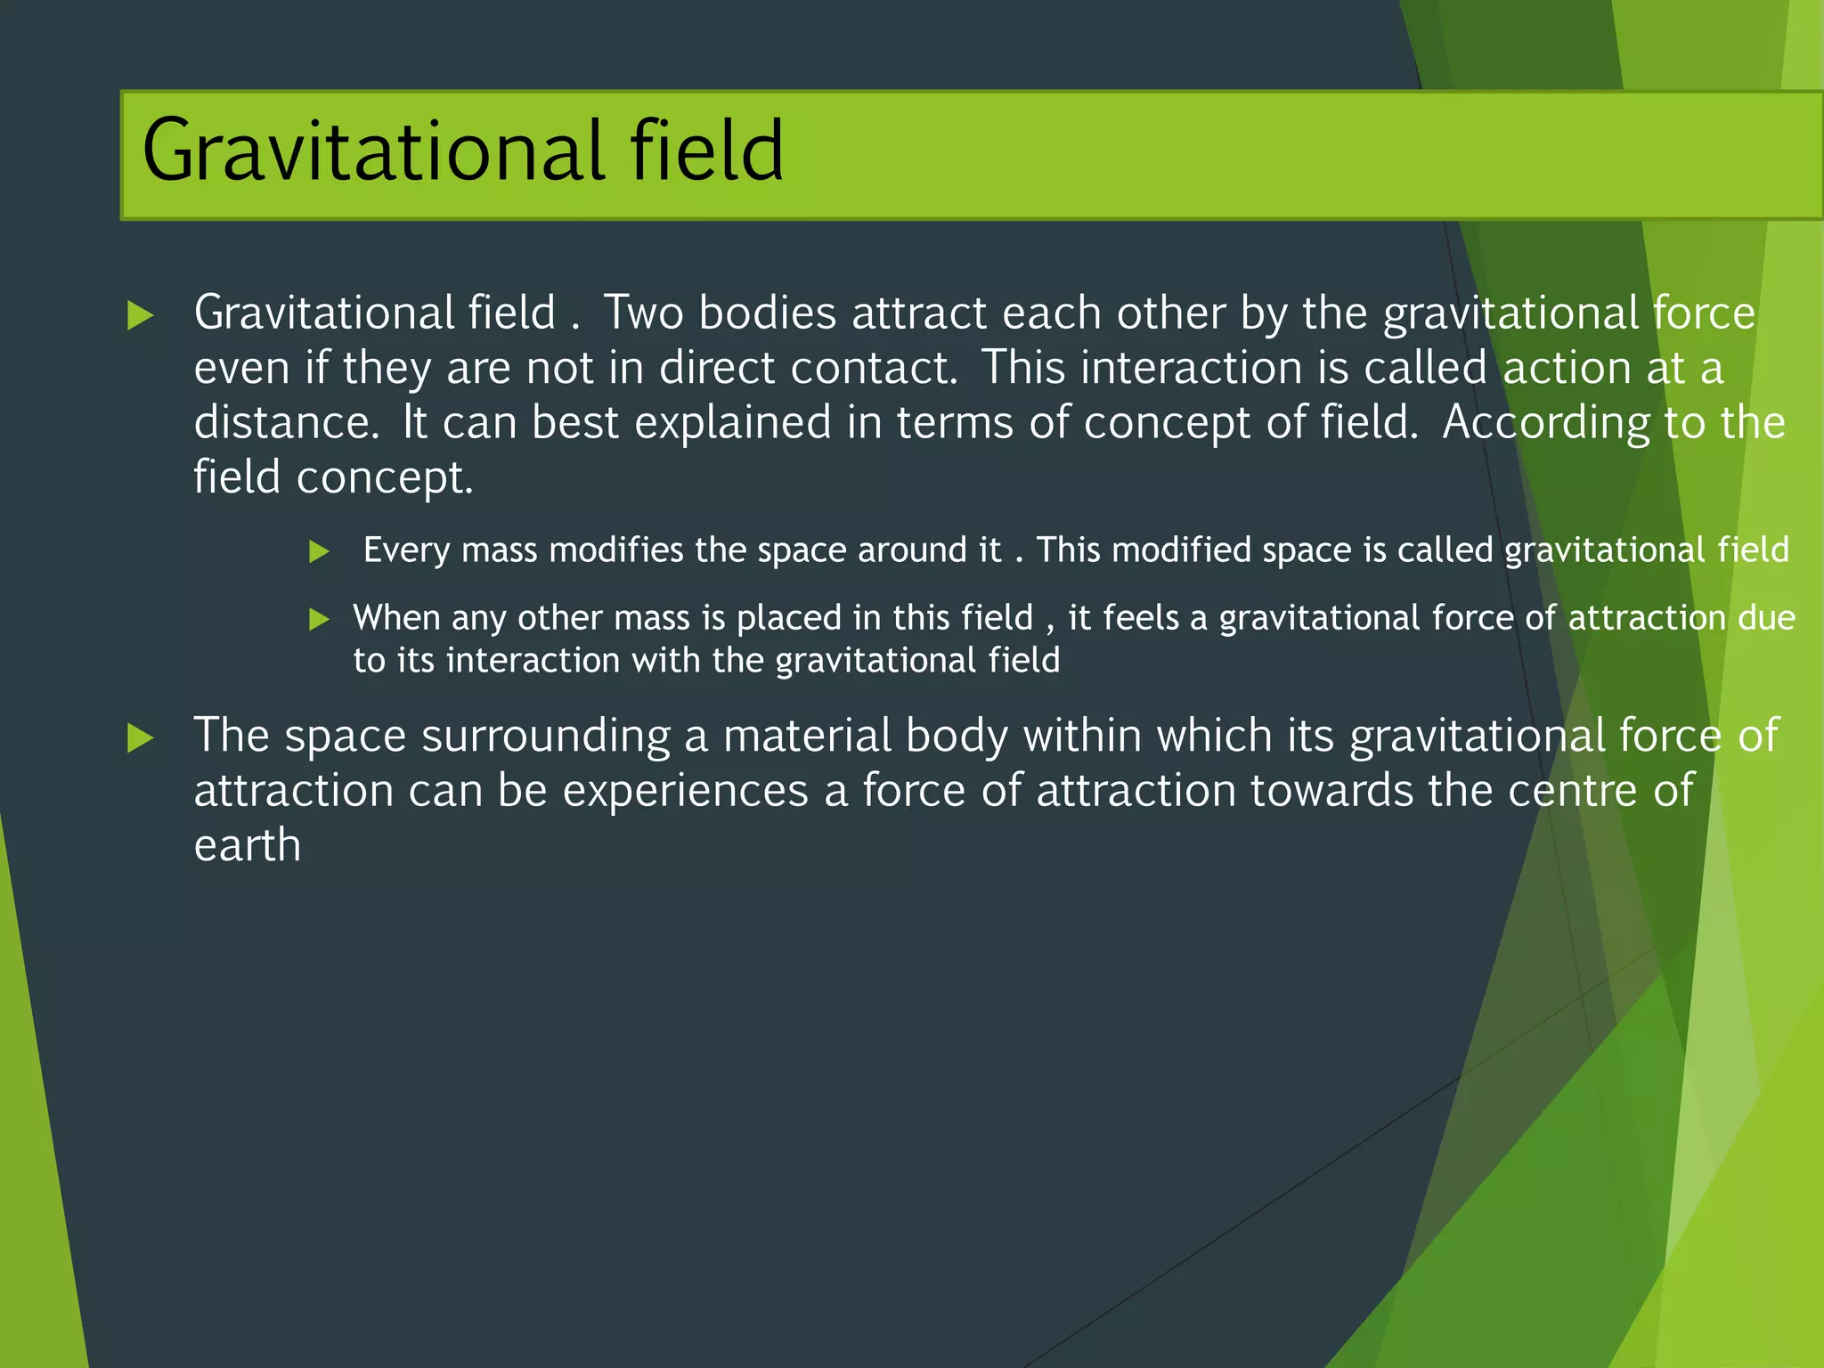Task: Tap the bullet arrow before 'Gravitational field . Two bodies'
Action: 141,315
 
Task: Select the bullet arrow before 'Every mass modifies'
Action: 319,551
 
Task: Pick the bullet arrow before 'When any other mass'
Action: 319,619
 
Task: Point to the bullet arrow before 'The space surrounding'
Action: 141,737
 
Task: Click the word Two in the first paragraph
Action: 644,313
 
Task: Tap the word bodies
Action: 768,313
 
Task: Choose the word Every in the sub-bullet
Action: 406,550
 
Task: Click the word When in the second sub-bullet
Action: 396,618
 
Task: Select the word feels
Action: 1141,617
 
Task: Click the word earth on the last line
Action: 247,846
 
